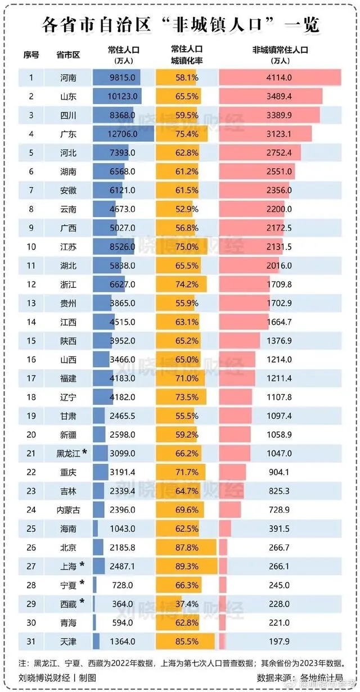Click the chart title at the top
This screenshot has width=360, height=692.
click(180, 25)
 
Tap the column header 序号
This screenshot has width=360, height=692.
click(31, 55)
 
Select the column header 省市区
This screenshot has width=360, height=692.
click(68, 55)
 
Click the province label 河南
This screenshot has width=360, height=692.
click(68, 77)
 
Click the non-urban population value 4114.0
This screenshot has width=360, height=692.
click(280, 77)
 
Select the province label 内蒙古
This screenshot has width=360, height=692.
click(68, 509)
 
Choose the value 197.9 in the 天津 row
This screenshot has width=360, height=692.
click(280, 641)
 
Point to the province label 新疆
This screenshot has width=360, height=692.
click(68, 434)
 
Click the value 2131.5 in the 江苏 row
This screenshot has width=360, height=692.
click(280, 246)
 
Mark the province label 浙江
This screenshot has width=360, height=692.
click(68, 284)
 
